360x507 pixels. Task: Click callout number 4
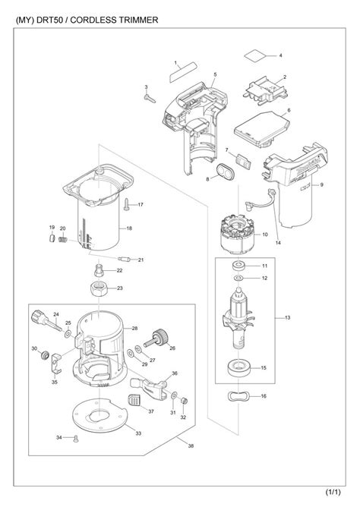click(280, 56)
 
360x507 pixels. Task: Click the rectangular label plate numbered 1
click(184, 74)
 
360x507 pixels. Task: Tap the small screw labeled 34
click(75, 438)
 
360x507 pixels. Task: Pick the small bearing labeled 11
click(239, 266)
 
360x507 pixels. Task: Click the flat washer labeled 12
click(238, 279)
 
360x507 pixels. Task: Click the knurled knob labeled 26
click(160, 335)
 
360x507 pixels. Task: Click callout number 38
click(180, 446)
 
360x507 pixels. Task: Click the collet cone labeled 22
click(99, 270)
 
